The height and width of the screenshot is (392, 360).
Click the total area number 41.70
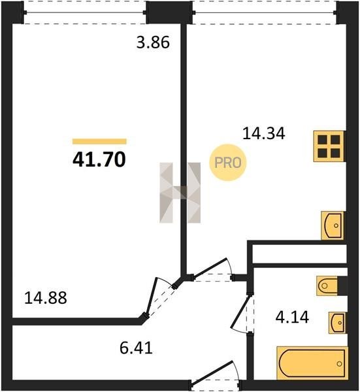point(99,160)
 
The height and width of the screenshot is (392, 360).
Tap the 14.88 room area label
point(46,298)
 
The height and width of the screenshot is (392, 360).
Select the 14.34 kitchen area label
point(264,133)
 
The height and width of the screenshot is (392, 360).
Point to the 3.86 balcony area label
point(153,42)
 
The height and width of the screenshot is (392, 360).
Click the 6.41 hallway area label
point(137,348)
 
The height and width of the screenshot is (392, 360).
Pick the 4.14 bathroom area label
point(292,317)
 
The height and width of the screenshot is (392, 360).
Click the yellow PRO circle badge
point(228,163)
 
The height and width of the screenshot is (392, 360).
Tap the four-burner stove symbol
point(329,146)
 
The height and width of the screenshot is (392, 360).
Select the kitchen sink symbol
point(333,225)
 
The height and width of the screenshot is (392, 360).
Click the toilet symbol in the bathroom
point(327,286)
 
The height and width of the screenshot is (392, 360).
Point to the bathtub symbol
point(312,363)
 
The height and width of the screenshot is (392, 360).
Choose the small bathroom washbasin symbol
point(337,323)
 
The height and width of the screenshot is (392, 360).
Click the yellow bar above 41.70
point(99,142)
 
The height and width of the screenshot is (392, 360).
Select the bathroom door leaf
point(240,312)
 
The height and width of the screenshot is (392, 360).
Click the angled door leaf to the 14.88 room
point(152,297)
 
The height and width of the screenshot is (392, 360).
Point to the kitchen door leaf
point(210,268)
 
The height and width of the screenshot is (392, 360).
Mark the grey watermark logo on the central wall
point(180,193)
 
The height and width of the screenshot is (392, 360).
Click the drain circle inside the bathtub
point(339,364)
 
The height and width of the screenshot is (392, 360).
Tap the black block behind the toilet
point(342,286)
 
